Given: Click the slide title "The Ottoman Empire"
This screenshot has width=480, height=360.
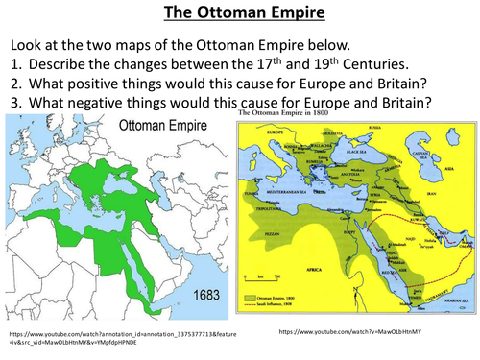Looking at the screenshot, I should point(239,13).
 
